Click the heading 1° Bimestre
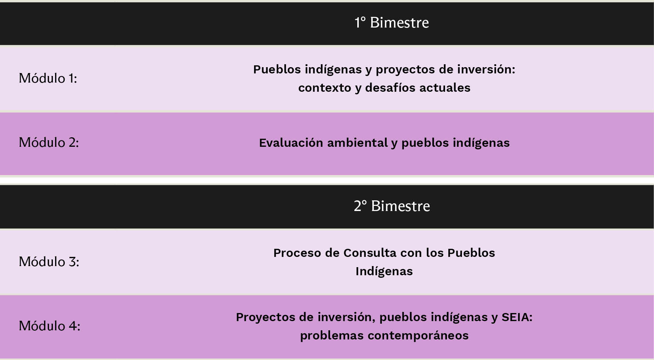(391, 22)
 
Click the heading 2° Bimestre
(391, 206)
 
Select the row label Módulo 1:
(48, 78)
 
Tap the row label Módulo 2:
(49, 142)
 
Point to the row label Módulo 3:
(49, 262)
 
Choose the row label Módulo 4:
(50, 326)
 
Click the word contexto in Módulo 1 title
(325, 88)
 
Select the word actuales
(445, 88)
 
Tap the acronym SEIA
(517, 317)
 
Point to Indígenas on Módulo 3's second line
(384, 271)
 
